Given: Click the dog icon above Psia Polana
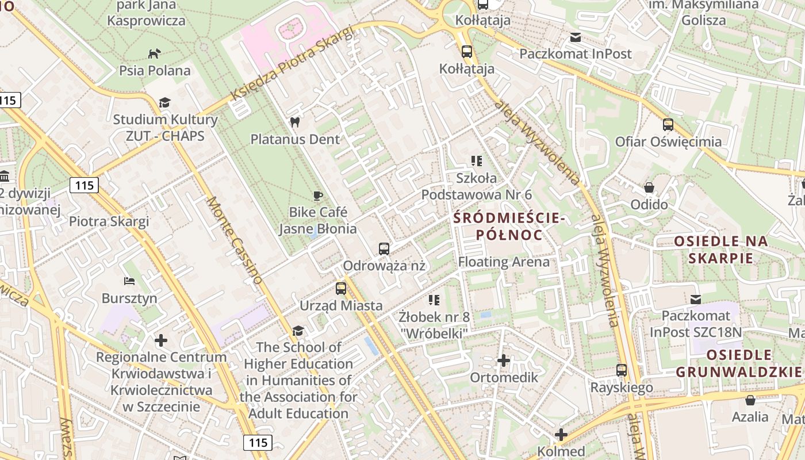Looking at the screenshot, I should click(x=154, y=53).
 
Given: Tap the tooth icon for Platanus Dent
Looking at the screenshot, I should click(x=295, y=122).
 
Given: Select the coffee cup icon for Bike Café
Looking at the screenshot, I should click(x=317, y=195).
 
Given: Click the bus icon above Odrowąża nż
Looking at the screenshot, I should click(x=384, y=249).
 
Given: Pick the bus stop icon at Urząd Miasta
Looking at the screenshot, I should click(x=341, y=289).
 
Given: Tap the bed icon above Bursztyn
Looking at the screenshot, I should click(x=129, y=281).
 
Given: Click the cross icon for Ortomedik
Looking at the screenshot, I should click(x=504, y=361).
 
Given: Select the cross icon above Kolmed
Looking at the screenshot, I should click(x=561, y=435).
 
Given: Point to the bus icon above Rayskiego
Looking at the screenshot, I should click(x=622, y=370).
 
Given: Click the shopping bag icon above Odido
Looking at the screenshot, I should click(x=649, y=187).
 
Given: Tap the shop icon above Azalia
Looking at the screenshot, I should click(x=750, y=400).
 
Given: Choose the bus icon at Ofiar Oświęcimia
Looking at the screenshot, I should click(x=668, y=124).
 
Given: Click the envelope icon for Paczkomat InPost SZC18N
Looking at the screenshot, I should click(x=696, y=299).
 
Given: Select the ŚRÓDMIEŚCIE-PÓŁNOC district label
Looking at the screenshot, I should click(x=509, y=227).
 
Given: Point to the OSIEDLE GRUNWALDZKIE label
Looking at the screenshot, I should click(x=738, y=363).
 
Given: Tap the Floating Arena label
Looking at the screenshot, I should click(x=504, y=262).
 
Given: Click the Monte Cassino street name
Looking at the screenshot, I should click(x=235, y=240).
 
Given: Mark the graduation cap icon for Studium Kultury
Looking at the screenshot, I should click(x=165, y=102).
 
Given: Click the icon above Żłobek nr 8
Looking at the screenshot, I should click(x=434, y=300).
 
